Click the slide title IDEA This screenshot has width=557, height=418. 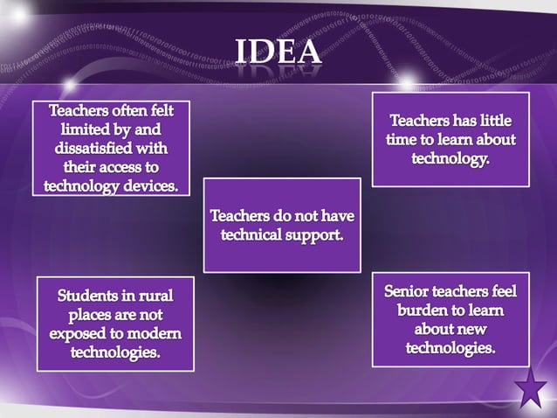click(278, 52)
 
